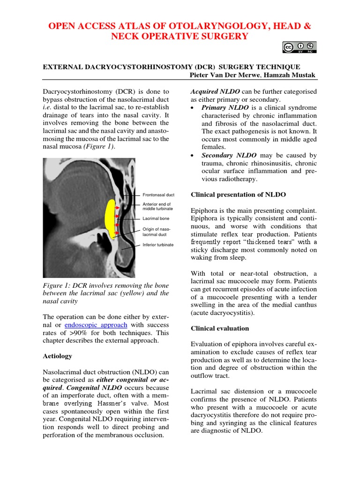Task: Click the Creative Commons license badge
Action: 300,47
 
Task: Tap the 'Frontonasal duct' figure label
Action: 158,195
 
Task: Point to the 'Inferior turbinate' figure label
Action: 158,245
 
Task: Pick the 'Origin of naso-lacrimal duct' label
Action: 155,232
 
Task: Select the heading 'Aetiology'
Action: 58,356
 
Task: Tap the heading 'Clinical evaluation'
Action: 220,328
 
